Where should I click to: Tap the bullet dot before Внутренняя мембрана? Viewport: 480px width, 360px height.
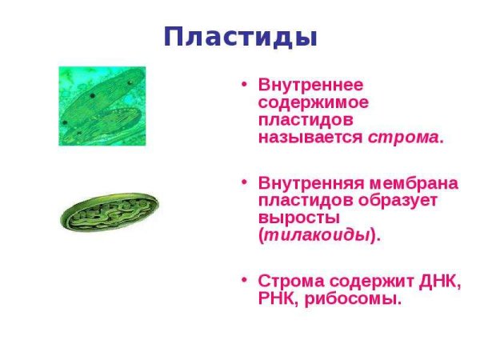(x=245, y=184)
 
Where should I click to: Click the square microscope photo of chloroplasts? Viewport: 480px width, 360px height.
(x=102, y=106)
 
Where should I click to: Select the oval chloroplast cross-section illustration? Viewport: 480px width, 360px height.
(x=109, y=211)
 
